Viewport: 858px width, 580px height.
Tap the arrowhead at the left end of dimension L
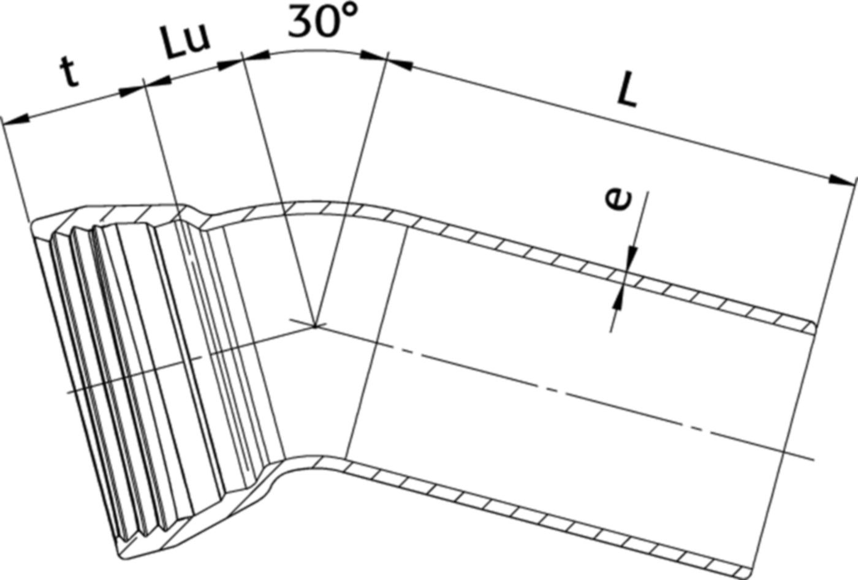401,62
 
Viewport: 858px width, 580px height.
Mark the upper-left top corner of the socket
34,227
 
